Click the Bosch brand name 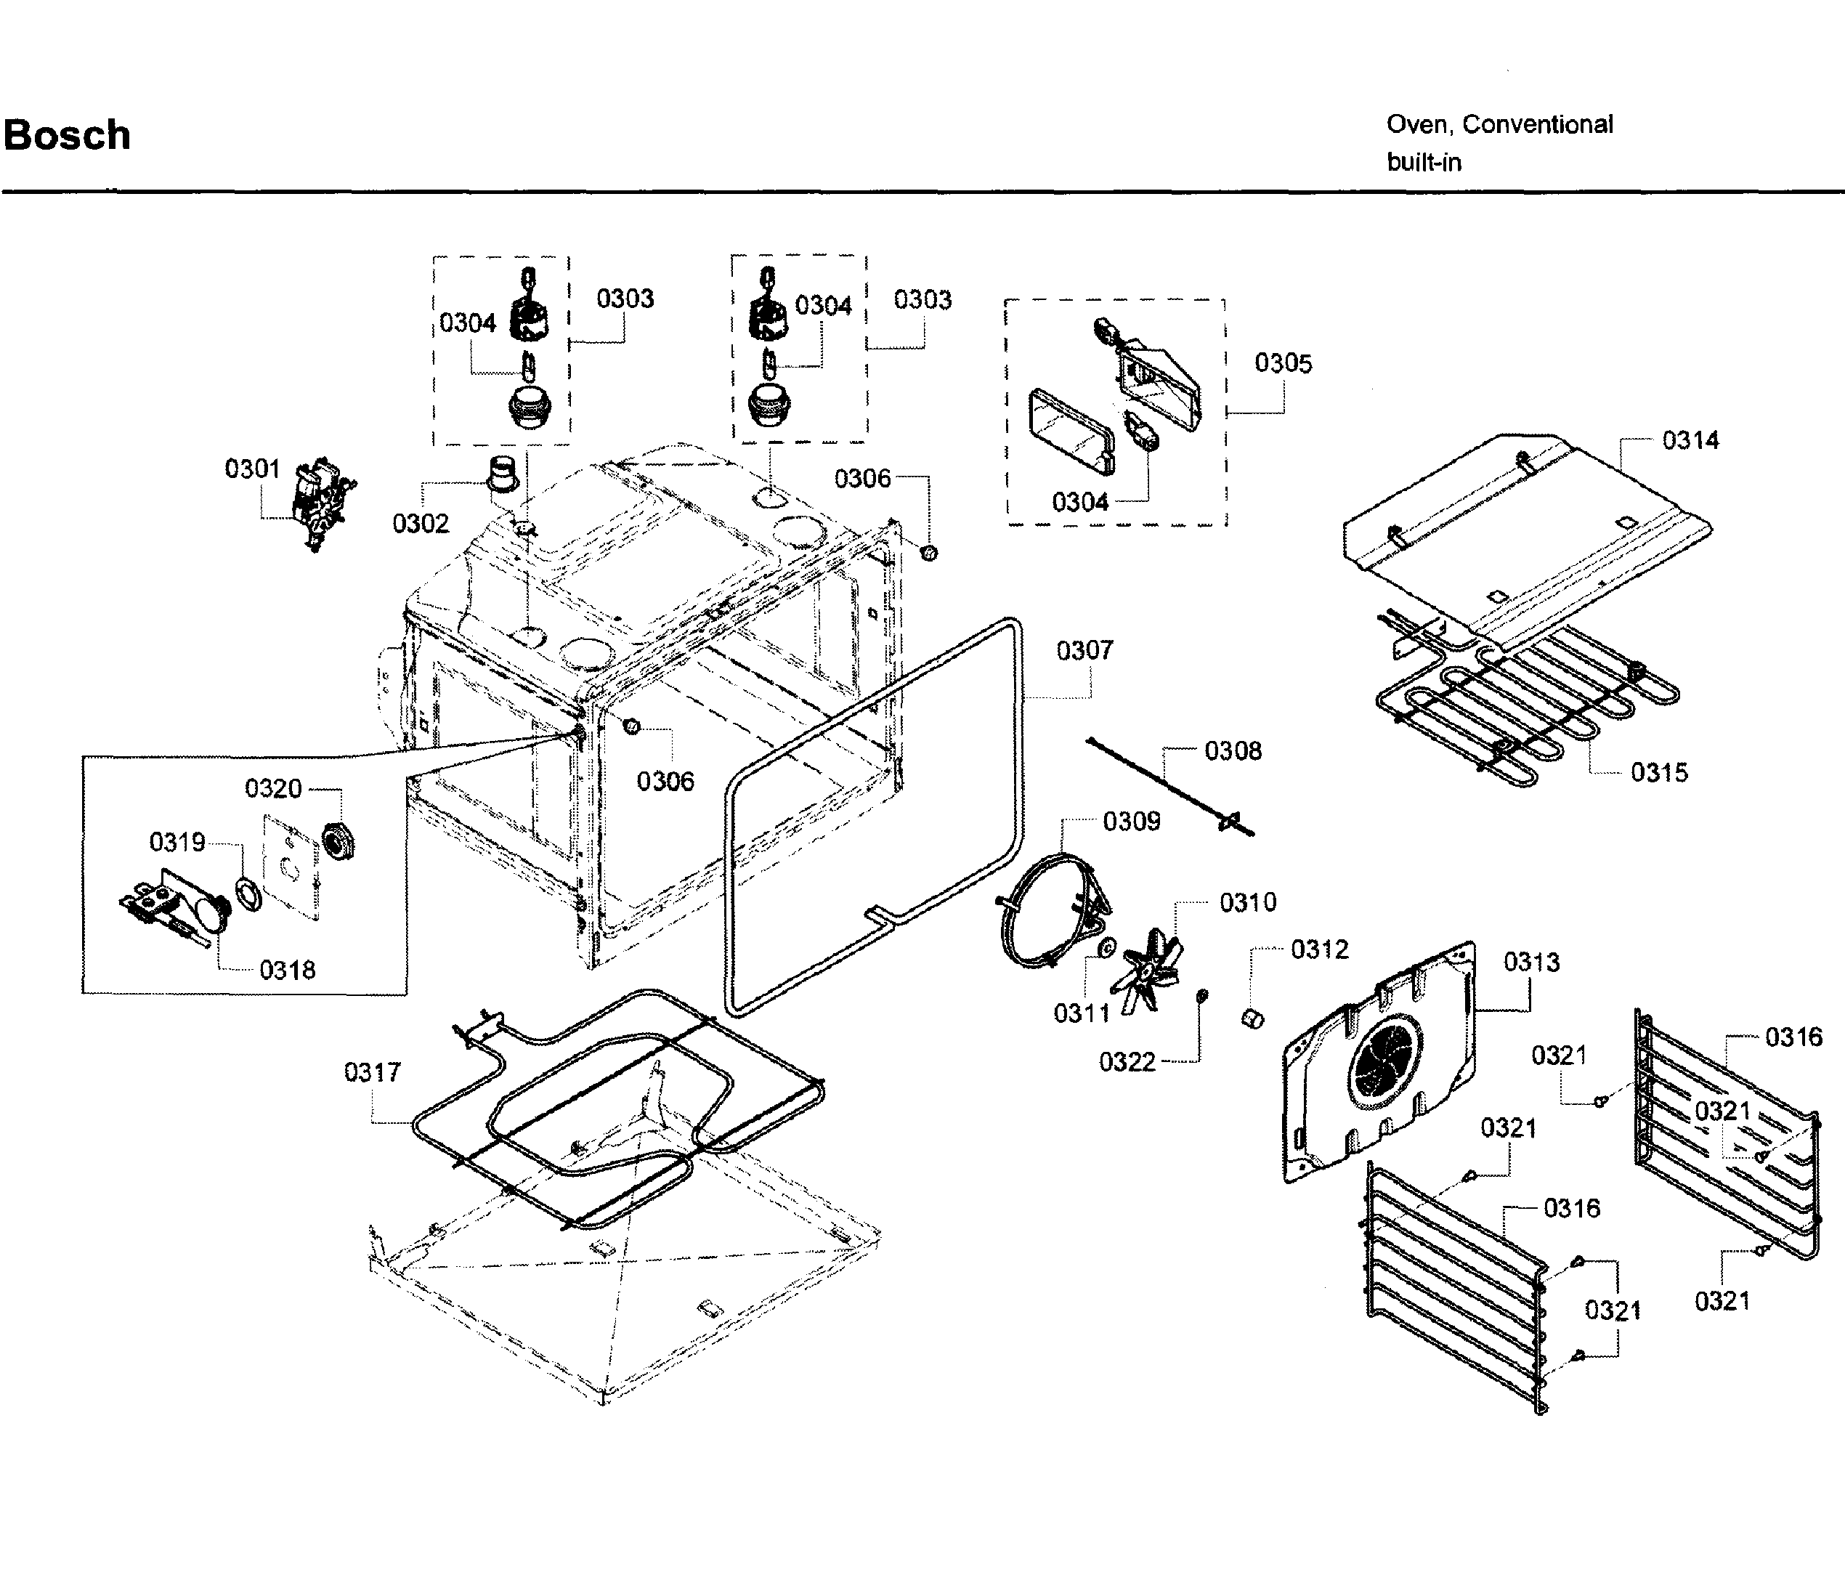tap(67, 135)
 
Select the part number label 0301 tap(252, 469)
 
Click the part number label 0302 tap(421, 523)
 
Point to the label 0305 tap(1282, 362)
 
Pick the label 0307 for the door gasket tap(1084, 650)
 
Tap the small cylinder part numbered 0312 tap(1253, 1017)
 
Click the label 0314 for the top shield tap(1690, 440)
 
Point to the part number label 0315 tap(1659, 772)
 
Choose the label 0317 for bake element tap(372, 1071)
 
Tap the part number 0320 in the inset tap(273, 788)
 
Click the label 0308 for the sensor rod tap(1233, 751)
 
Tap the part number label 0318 tap(287, 970)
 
